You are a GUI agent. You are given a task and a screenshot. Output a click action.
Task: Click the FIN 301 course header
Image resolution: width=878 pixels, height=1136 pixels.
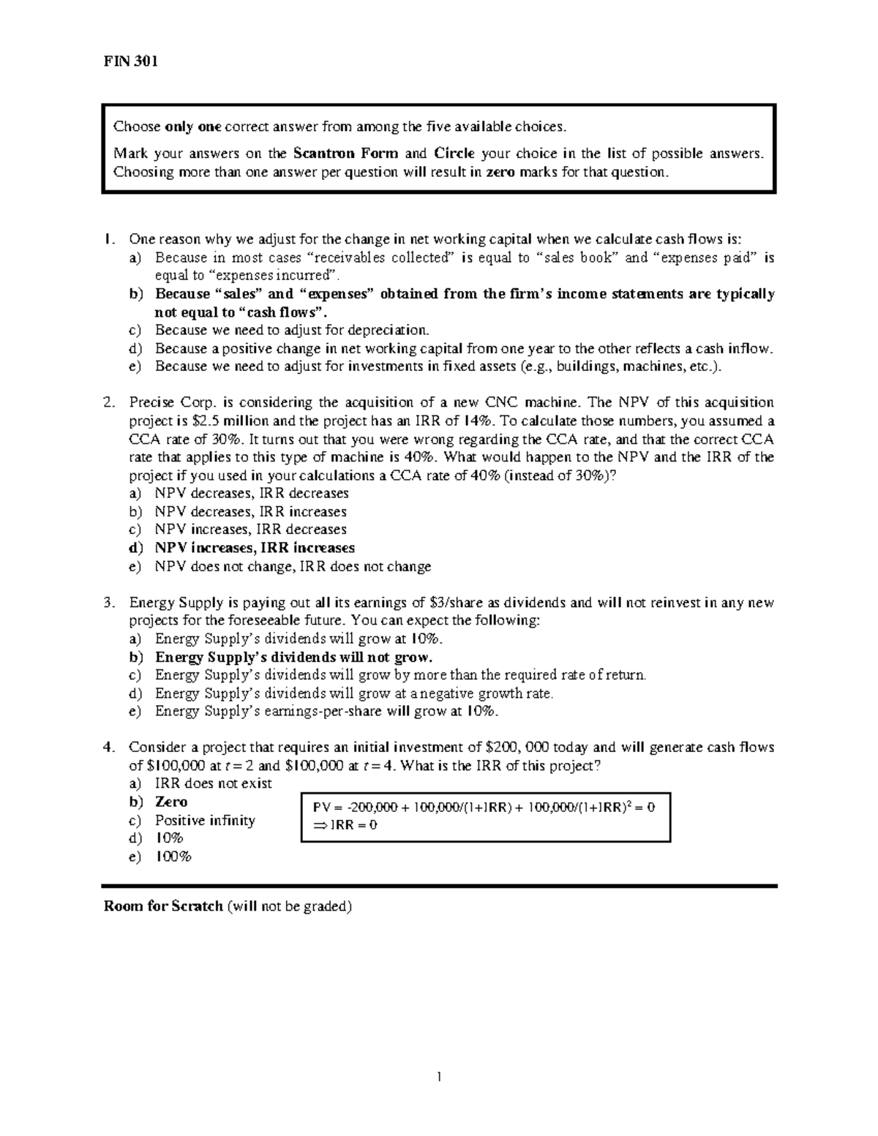[129, 61]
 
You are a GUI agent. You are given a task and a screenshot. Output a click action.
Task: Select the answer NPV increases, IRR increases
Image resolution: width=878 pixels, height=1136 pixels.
[254, 548]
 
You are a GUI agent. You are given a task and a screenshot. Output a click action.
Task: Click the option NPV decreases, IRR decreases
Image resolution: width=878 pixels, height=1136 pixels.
[251, 494]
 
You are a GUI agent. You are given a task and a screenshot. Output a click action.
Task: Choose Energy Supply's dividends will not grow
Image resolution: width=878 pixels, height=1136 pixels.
[293, 658]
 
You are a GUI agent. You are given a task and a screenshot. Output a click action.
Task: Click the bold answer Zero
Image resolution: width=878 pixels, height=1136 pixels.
[170, 802]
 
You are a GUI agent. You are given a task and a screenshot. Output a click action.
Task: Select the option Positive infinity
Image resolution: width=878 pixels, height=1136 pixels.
[205, 821]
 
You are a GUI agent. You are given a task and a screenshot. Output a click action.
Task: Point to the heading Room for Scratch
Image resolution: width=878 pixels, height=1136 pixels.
[163, 907]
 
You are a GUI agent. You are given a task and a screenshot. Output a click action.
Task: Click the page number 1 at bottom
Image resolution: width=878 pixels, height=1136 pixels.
[439, 1077]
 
